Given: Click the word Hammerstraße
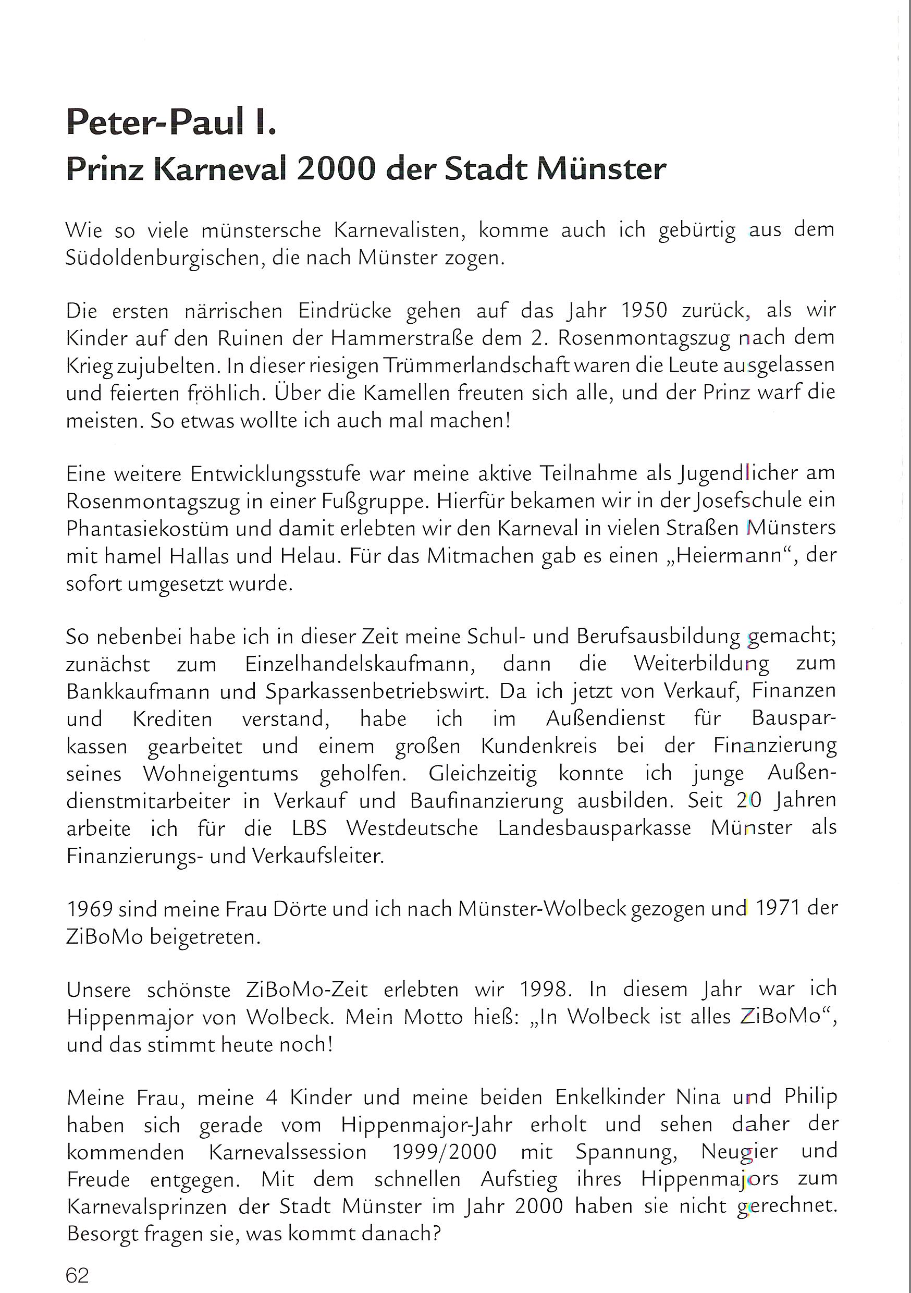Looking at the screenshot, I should [x=419, y=338].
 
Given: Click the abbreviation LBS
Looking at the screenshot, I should [x=310, y=828].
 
